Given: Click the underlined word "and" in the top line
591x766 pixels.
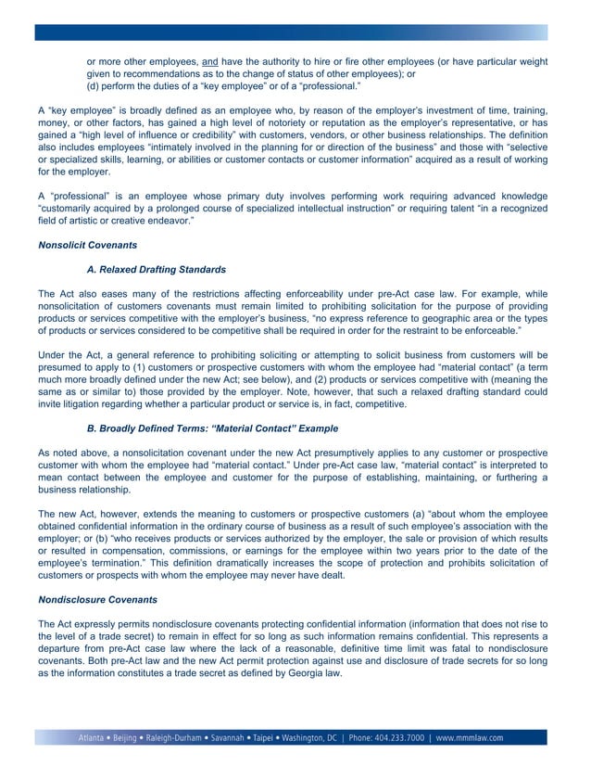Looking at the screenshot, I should click(209, 62).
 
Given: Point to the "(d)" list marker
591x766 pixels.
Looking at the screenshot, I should click(94, 86).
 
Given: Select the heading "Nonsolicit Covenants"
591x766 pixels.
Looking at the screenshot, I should click(87, 246).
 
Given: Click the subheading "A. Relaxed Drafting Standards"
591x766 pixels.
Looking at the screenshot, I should click(156, 270).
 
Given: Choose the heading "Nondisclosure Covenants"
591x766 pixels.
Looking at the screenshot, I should click(95, 598).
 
